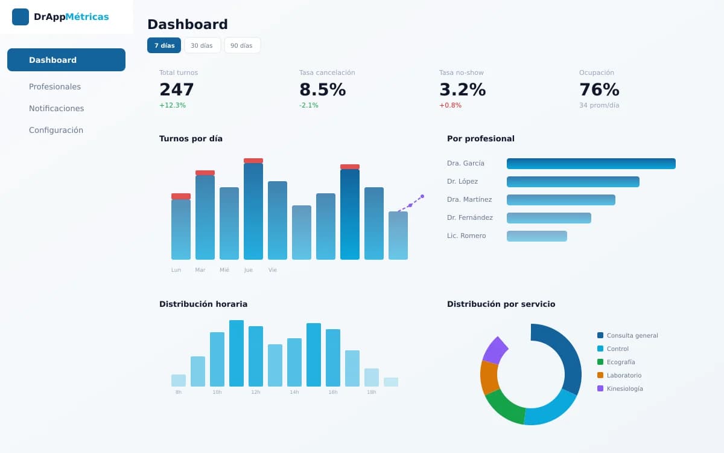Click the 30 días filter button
coord(202,45)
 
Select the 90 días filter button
coord(242,45)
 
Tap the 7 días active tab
coord(164,45)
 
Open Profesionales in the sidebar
coord(55,87)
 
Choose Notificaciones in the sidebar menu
coord(57,108)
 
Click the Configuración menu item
coord(56,130)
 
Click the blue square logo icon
coord(21,17)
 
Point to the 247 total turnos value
coord(176,89)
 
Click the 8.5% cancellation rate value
coord(323,89)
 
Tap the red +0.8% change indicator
coord(450,105)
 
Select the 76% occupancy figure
coord(599,89)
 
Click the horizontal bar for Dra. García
coord(591,164)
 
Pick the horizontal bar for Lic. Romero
coord(537,236)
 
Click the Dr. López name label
coord(463,182)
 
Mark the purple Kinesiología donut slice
coord(495,350)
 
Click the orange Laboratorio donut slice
coord(489,377)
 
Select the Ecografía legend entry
coord(617,362)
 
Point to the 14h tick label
coord(294,392)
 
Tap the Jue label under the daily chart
coord(248,270)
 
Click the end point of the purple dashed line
coord(422,196)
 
